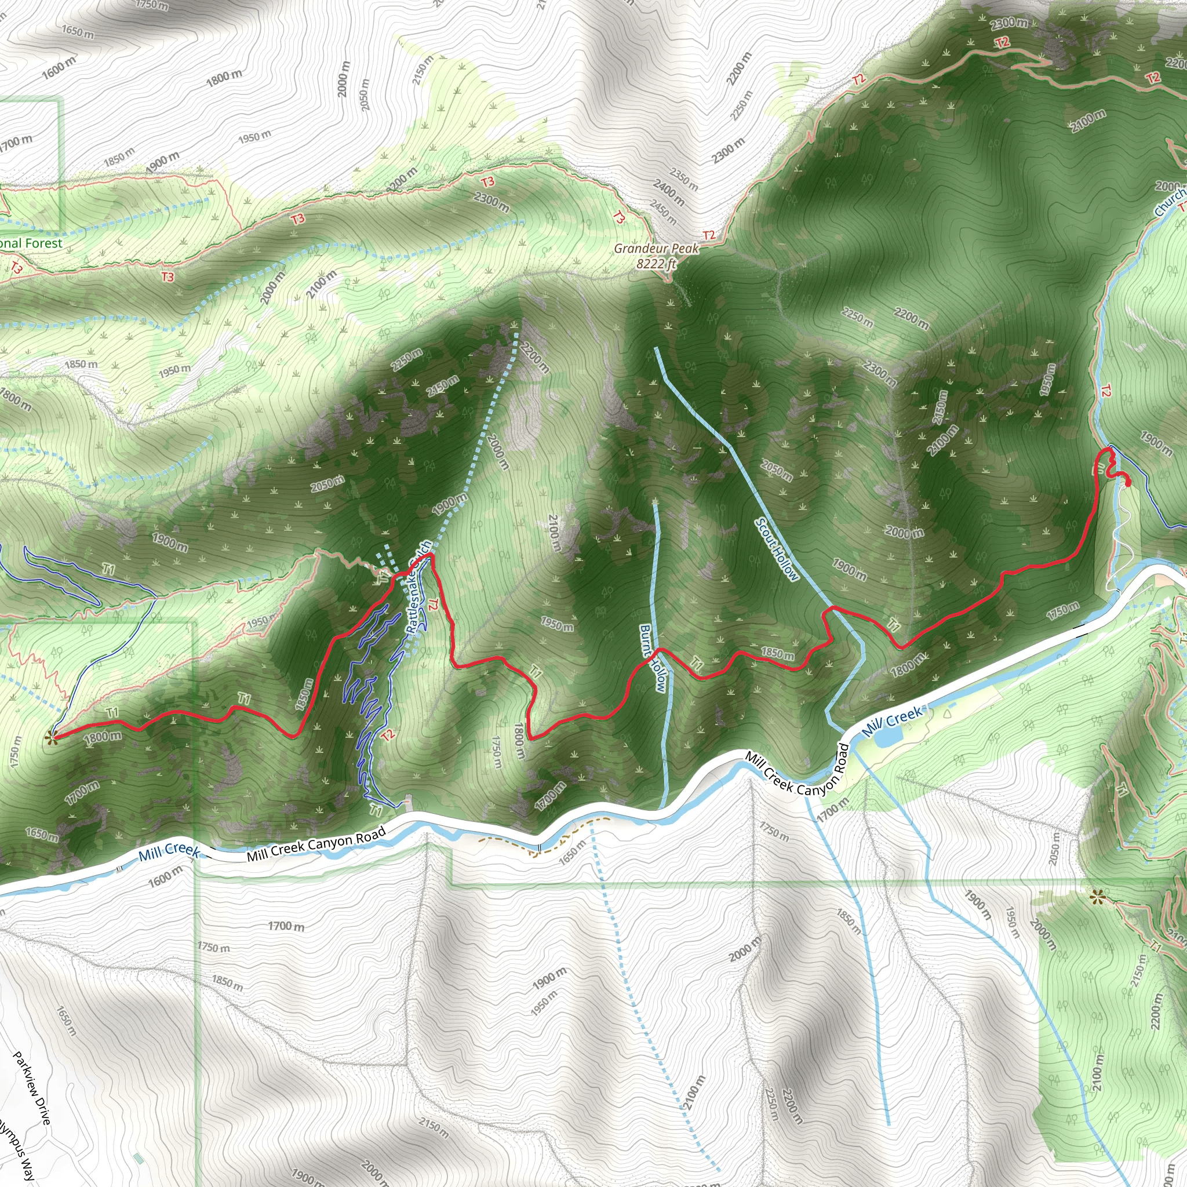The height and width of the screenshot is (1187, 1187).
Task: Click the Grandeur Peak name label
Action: pyautogui.click(x=656, y=248)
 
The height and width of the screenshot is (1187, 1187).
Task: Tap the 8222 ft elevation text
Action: pyautogui.click(x=656, y=264)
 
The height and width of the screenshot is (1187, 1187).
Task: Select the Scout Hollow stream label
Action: pyautogui.click(x=777, y=549)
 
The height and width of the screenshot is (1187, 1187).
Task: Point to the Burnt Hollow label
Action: pyautogui.click(x=652, y=658)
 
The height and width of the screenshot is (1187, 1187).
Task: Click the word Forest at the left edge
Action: pyautogui.click(x=43, y=243)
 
